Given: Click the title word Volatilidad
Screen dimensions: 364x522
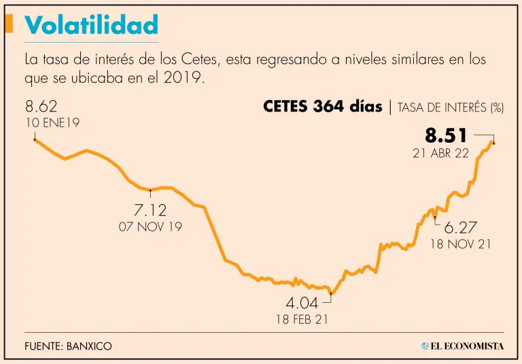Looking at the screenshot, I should pyautogui.click(x=91, y=25).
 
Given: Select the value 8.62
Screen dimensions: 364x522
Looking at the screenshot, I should pyautogui.click(x=41, y=107).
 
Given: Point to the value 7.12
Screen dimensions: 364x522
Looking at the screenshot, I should pyautogui.click(x=151, y=210).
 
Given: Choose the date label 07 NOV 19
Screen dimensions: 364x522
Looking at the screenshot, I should pyautogui.click(x=150, y=227).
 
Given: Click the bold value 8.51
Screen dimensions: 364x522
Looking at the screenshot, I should pyautogui.click(x=447, y=135).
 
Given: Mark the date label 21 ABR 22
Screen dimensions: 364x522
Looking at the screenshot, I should pyautogui.click(x=440, y=153).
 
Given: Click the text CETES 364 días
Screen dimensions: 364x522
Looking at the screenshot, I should pyautogui.click(x=322, y=107).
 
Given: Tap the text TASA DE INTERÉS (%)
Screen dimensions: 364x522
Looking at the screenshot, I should pyautogui.click(x=450, y=107).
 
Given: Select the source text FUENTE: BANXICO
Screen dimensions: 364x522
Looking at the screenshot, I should pyautogui.click(x=68, y=346).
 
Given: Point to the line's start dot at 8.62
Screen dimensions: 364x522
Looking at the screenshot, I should pyautogui.click(x=35, y=139).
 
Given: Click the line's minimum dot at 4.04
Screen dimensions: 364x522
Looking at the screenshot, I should pyautogui.click(x=331, y=294).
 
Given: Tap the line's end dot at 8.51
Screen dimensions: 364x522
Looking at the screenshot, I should pyautogui.click(x=493, y=143).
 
